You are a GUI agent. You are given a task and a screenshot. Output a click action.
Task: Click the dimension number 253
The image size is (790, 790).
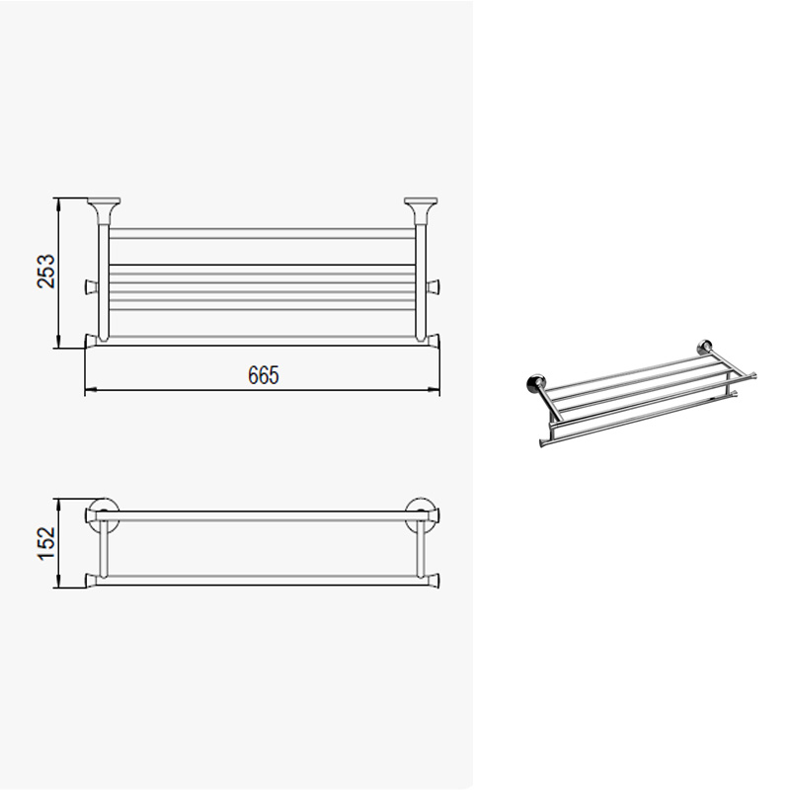coord(45,271)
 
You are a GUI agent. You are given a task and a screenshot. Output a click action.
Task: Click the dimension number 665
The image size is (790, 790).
coord(263,375)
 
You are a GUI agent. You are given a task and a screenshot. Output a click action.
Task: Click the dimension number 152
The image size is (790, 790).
coord(45,543)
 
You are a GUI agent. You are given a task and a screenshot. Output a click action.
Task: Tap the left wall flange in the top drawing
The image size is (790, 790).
coord(104,210)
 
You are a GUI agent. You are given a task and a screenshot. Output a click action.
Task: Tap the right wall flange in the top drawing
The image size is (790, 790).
coord(421,210)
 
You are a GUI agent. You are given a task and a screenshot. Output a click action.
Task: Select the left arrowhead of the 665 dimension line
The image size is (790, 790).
coord(91,389)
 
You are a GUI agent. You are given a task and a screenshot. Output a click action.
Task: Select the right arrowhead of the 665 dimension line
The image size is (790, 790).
coord(434,389)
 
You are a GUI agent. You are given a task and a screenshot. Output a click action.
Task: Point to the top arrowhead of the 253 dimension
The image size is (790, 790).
coord(59,204)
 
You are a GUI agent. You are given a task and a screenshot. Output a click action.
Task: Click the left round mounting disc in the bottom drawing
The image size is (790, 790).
coord(104,514)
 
